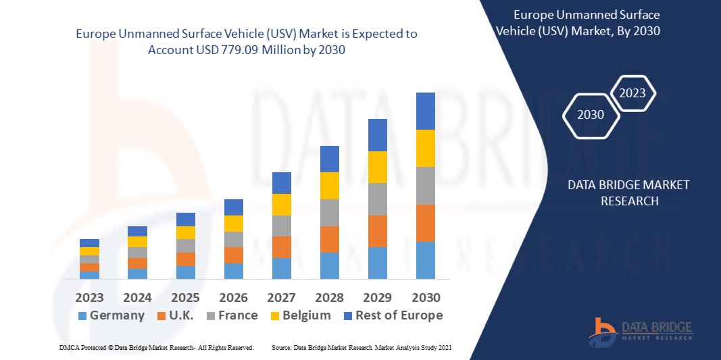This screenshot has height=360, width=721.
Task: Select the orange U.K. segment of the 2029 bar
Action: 378,231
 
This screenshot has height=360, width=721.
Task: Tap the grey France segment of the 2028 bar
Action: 329,212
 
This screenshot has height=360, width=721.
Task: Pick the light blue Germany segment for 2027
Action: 281,268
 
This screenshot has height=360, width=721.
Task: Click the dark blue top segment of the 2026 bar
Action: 234,207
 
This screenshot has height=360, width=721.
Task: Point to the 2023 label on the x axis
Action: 89,298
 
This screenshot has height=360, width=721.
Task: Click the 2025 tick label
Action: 185,298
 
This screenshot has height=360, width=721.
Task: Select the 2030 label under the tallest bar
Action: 426,298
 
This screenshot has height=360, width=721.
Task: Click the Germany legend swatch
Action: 82,316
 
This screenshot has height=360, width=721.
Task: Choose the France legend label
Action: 237,315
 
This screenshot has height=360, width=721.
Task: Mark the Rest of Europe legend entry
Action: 399,315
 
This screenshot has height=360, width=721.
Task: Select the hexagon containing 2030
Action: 592,115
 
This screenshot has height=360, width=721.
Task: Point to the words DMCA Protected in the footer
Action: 84,347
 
